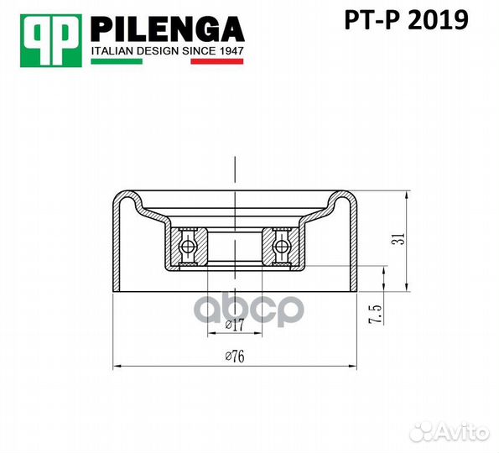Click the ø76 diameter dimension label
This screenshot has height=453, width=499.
tap(234, 357)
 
